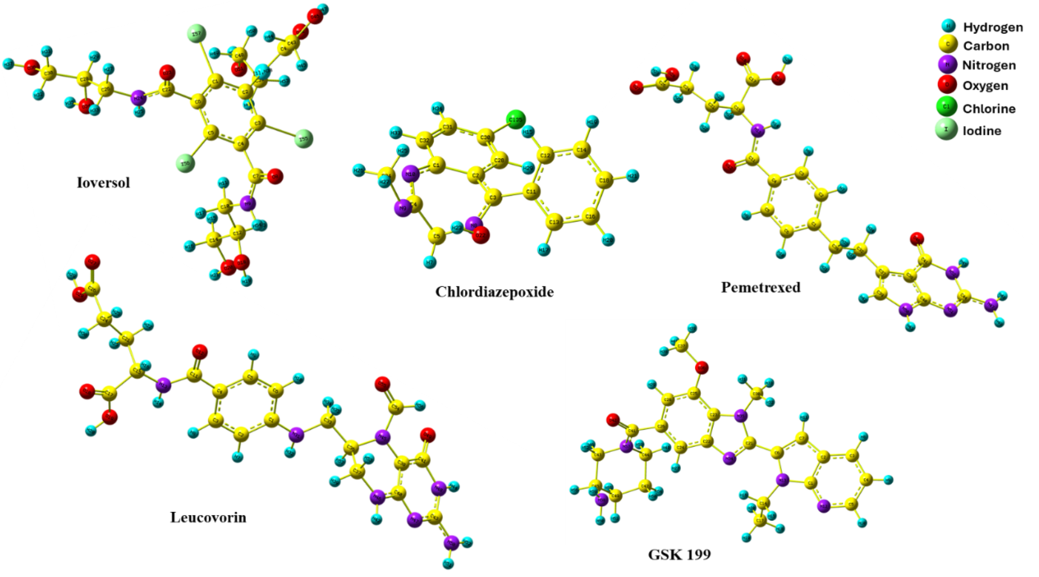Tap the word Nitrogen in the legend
pos(989,65)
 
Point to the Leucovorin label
pos(208,517)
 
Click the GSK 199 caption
pos(679,555)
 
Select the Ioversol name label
pos(103,183)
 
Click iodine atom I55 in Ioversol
pos(304,139)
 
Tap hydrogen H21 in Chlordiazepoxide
pos(632,176)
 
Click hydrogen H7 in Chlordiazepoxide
pos(430,263)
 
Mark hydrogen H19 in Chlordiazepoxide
pos(592,121)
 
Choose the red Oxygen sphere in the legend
pos(946,85)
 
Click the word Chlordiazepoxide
pos(494,292)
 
